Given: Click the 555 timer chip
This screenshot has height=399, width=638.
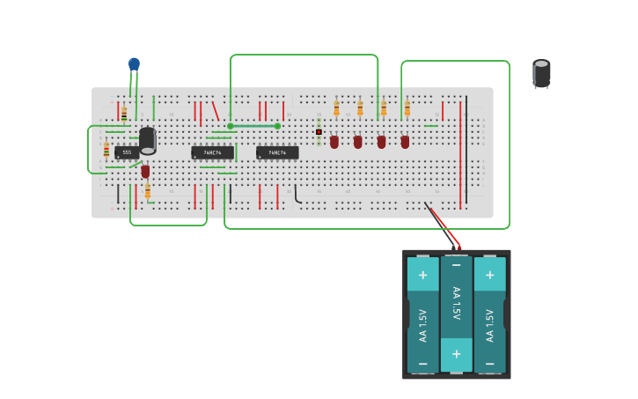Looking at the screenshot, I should (x=127, y=152).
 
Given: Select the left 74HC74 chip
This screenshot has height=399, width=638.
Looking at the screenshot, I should (x=212, y=152).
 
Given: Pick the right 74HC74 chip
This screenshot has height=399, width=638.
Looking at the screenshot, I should (x=277, y=152).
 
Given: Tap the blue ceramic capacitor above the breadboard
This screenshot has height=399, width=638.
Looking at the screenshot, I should (x=134, y=64).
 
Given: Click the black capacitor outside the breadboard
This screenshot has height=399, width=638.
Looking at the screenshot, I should (x=541, y=73).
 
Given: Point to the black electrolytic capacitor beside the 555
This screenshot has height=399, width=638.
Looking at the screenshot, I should (x=147, y=140).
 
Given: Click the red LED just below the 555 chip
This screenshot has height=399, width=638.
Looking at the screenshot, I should (x=145, y=171).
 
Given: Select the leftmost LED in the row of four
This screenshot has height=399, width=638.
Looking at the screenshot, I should (x=334, y=141).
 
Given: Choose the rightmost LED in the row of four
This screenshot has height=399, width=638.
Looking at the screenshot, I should (x=405, y=141).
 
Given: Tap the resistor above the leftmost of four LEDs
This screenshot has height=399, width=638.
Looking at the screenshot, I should (x=336, y=108).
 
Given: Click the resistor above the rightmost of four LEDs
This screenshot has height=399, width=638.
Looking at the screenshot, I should (x=407, y=108).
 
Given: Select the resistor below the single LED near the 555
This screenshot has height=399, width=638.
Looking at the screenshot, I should (x=148, y=191).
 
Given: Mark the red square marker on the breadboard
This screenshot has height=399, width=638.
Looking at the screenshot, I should (x=319, y=132).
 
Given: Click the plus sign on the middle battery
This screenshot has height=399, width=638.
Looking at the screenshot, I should (x=456, y=354).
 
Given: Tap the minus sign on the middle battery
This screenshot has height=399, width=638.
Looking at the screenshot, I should (x=456, y=263).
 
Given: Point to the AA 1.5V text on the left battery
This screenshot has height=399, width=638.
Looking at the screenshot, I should (x=422, y=324).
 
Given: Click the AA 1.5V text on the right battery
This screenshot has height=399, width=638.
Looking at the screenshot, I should (x=490, y=324).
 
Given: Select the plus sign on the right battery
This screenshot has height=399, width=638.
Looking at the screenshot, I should (x=490, y=274).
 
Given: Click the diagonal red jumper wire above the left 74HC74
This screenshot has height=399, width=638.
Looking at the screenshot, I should (x=216, y=112).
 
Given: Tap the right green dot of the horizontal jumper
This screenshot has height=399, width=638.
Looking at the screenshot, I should (x=277, y=126).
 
